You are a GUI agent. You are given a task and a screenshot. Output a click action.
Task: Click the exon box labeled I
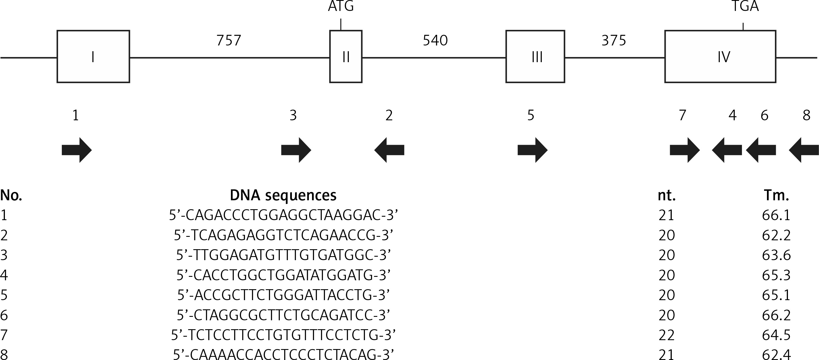[x=93, y=57]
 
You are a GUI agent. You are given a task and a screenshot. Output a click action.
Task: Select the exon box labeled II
[x=346, y=57]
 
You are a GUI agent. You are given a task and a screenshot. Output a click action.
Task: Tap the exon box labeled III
[x=535, y=57]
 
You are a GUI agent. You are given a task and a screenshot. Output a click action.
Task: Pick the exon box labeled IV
[x=720, y=57]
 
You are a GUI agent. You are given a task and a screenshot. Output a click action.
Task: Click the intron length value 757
[x=229, y=40]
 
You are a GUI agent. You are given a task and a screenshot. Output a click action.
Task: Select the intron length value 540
[x=435, y=40]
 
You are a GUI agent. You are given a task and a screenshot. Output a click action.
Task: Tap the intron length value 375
[x=614, y=40]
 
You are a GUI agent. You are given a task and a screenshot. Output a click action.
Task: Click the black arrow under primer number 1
[x=76, y=150]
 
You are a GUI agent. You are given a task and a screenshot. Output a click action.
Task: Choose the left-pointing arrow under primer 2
[x=389, y=150]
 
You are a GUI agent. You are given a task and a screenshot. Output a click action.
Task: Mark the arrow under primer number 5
[x=533, y=150]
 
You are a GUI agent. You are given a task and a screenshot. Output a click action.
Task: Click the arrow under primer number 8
[x=804, y=150]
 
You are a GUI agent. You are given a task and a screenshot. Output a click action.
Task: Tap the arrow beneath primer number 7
[x=685, y=150]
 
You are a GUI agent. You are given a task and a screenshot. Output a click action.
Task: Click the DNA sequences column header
[x=283, y=195]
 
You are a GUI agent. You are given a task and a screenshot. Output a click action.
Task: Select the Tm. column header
[x=776, y=195]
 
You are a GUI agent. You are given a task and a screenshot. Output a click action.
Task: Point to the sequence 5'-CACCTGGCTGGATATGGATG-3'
[x=283, y=275]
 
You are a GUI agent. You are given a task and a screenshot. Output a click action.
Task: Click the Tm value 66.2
[x=776, y=315]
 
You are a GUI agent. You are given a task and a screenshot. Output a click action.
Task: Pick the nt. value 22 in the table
[x=666, y=335]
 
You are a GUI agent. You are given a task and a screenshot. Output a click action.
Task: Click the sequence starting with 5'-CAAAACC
[x=283, y=355]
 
